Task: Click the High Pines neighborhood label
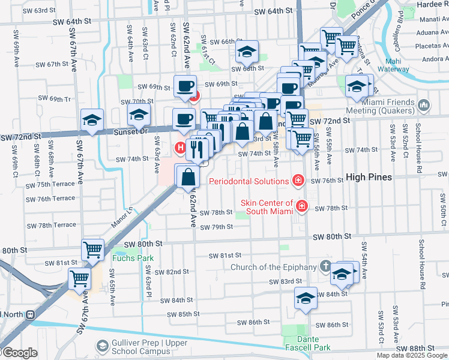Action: pos(368,177)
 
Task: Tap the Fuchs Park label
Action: pos(133,258)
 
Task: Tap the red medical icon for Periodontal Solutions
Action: pos(297,180)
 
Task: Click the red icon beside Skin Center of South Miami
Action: pos(301,206)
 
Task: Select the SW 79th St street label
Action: pos(216,227)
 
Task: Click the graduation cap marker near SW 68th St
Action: pos(246,52)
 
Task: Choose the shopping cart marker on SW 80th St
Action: pos(93,249)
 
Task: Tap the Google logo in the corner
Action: pos(20,353)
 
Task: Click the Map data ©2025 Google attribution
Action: pos(412,355)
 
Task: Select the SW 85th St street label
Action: pos(179,314)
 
